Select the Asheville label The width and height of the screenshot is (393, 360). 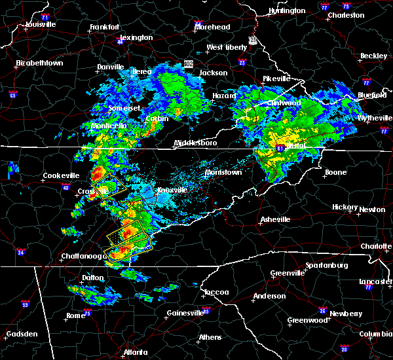(x=274, y=219)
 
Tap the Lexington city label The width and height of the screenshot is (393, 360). (x=136, y=38)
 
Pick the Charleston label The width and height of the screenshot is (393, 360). (x=346, y=15)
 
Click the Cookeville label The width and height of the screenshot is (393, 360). (x=61, y=175)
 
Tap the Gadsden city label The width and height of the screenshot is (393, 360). (x=22, y=334)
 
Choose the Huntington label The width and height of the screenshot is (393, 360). (x=287, y=11)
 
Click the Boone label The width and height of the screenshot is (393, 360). (x=335, y=173)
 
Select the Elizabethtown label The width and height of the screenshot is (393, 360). (x=39, y=63)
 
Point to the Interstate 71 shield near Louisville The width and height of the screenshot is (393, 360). (x=45, y=16)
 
